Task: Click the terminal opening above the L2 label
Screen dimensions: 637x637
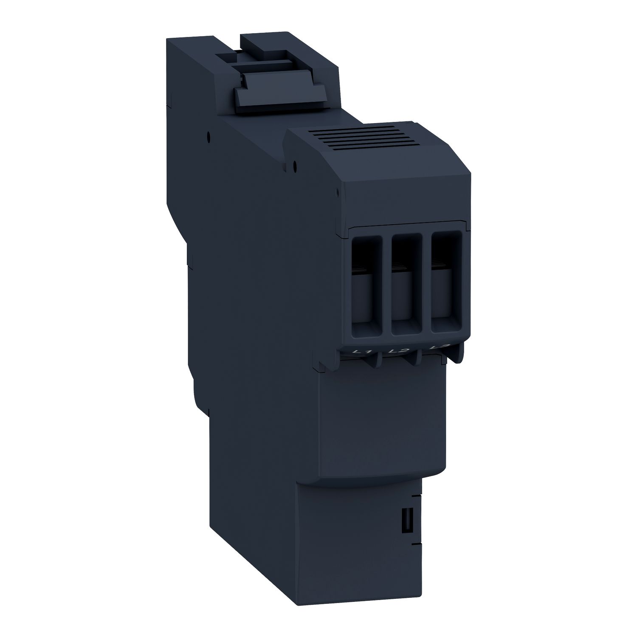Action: [x=402, y=287]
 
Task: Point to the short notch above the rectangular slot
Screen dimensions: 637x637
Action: [x=415, y=495]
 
